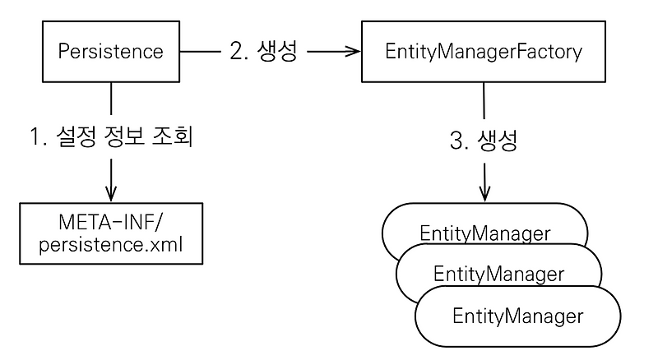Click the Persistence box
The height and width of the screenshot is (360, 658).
[x=111, y=52]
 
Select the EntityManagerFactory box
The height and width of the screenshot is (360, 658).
[x=483, y=52]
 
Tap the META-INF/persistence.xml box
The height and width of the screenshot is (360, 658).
[x=111, y=235]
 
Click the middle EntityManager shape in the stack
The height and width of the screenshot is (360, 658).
[x=498, y=274]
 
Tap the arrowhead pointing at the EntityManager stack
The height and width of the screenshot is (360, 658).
[x=485, y=194]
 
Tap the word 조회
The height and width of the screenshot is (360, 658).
[x=174, y=137]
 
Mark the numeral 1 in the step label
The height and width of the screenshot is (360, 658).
[x=35, y=137]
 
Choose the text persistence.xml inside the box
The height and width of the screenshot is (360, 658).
[x=111, y=246]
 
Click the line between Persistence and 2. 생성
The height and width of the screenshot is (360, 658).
[x=201, y=52]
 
